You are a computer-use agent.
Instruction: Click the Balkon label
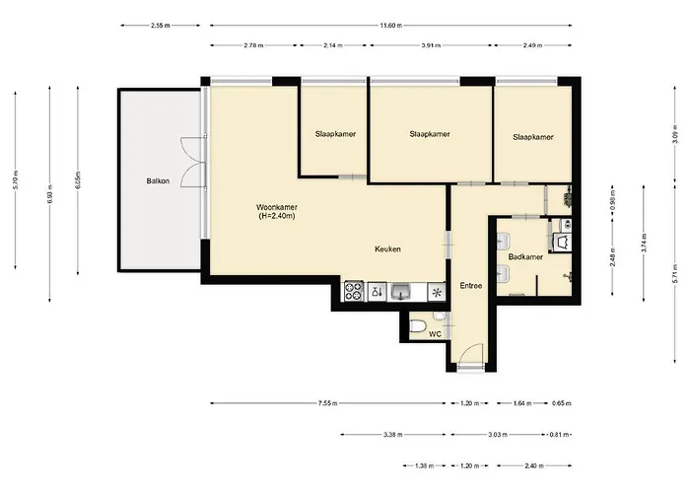(158, 180)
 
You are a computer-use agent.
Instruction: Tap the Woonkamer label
(277, 207)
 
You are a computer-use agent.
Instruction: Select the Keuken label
(387, 249)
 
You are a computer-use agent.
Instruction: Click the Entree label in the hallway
(471, 286)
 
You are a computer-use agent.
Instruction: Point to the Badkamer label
(525, 257)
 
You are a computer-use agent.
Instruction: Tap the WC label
(435, 334)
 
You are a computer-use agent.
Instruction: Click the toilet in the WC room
(418, 326)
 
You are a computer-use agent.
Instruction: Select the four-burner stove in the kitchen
(353, 292)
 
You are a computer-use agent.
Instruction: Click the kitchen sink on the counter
(400, 292)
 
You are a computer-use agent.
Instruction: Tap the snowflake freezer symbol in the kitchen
(437, 292)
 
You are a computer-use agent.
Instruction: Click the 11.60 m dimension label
(390, 26)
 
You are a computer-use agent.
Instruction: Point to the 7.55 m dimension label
(328, 403)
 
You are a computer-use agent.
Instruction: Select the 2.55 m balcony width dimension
(160, 26)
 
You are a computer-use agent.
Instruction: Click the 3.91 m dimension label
(431, 45)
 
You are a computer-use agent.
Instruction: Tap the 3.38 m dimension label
(392, 435)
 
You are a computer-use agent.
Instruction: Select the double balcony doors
(193, 162)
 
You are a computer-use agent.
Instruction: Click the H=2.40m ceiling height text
(277, 216)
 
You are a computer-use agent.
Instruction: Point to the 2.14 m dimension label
(333, 45)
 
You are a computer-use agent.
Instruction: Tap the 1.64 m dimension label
(522, 403)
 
